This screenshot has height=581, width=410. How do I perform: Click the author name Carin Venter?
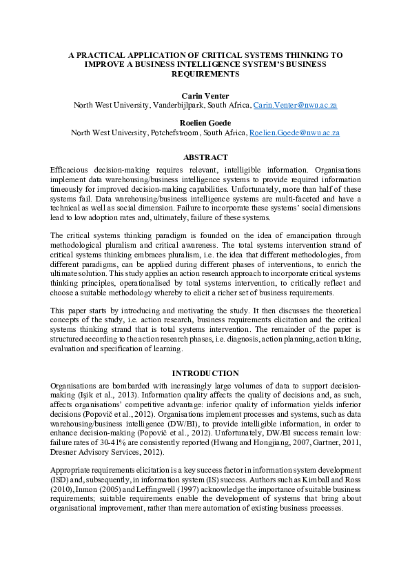click(205, 95)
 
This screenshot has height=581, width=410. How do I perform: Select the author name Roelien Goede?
click(205, 122)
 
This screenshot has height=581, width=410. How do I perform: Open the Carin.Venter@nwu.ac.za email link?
click(295, 105)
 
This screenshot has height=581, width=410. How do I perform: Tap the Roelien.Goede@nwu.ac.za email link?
click(294, 132)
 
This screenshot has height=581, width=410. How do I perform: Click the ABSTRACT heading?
click(205, 158)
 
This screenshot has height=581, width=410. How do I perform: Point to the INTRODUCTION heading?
click(205, 373)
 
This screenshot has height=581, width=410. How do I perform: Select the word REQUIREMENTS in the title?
click(205, 73)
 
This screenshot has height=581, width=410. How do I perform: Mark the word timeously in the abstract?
click(70, 187)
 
